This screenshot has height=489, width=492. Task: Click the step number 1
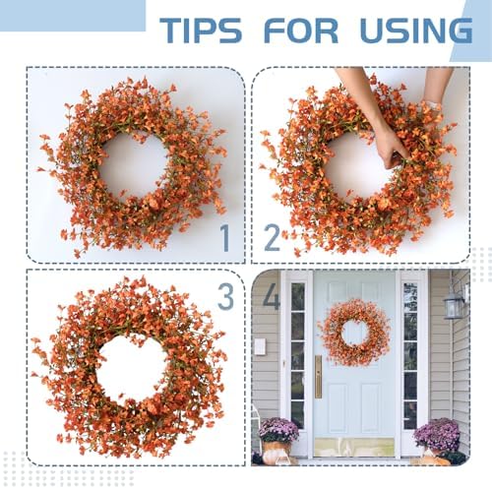pos(224,237)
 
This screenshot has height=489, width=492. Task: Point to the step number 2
pos(272,237)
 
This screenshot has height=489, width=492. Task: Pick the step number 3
pos(224,296)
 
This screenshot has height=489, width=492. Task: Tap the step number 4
pos(271,296)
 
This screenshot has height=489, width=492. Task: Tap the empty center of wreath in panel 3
pos(132,367)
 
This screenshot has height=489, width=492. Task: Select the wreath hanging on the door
pos(353,332)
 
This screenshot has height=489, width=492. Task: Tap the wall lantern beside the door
pos(454,304)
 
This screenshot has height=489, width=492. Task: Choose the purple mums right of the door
pos(437,433)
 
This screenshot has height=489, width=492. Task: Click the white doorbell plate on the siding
pos(260,346)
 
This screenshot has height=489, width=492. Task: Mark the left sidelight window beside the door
pos(297,354)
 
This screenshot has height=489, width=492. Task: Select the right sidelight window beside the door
pos(410,354)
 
